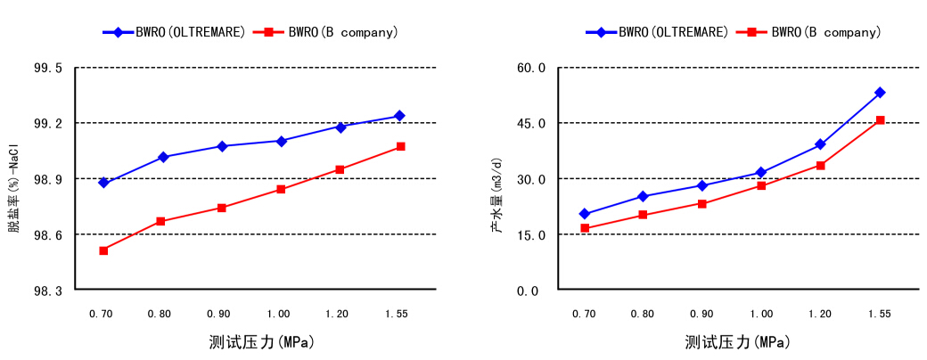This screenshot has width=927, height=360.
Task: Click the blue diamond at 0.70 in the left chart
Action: point(103,183)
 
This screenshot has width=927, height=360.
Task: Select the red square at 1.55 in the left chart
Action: point(400,146)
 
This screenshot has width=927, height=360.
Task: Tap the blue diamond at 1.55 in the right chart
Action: point(880,93)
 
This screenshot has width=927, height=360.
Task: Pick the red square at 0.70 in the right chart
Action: point(585,228)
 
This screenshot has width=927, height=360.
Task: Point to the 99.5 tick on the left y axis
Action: point(48,68)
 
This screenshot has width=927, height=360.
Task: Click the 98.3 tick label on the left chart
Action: point(48,290)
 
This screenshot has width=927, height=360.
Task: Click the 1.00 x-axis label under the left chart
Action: point(279,314)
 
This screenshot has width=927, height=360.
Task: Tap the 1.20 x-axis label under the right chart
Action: point(820,314)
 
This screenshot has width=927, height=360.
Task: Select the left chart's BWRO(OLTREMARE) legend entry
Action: point(174,32)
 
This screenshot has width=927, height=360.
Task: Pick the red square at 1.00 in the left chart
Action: point(281,189)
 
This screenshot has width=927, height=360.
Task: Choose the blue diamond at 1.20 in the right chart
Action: point(820,144)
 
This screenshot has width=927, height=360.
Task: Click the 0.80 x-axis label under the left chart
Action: point(160,314)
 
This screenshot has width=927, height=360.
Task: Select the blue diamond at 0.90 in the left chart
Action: point(222,146)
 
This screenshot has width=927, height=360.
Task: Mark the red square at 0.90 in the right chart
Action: point(702,204)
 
